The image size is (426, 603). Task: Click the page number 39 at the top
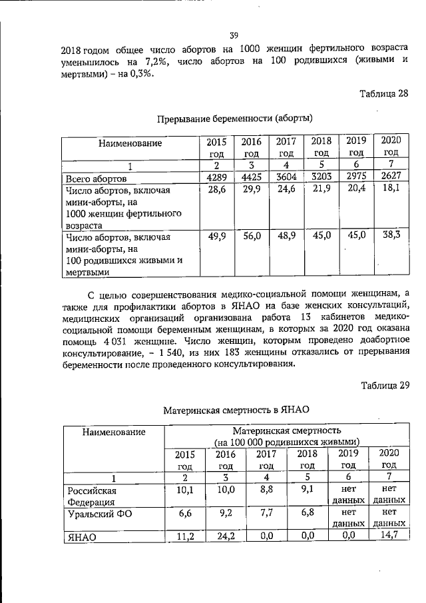point(234,35)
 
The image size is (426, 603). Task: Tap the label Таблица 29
point(383,385)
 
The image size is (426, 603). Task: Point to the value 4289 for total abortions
point(216,178)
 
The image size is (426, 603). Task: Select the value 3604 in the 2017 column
point(286,178)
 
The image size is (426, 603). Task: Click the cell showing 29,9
point(251,191)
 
